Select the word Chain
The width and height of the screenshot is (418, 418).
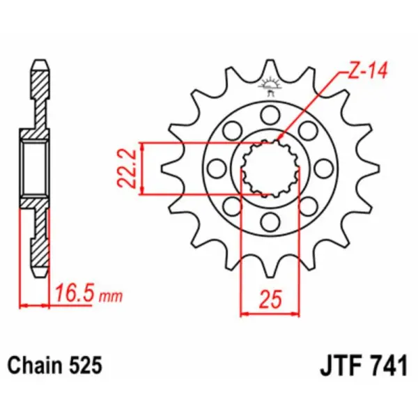click(x=34, y=365)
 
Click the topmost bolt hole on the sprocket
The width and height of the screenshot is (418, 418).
click(x=268, y=114)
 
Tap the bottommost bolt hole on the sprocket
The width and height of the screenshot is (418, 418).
click(x=268, y=223)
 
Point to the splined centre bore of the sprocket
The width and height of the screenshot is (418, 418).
click(x=268, y=169)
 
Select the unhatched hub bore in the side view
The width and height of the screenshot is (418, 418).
click(x=35, y=168)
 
